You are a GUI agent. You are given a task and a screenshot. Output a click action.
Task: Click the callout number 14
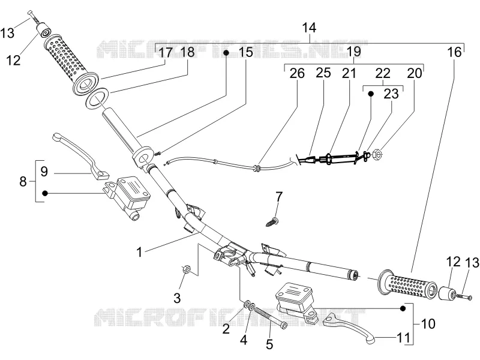(309, 28)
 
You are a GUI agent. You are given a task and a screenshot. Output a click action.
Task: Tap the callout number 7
(278, 197)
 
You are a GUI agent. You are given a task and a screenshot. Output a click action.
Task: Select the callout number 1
(139, 252)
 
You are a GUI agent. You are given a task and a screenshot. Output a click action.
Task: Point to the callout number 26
(297, 73)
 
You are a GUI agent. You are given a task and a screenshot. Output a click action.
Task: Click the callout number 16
(454, 52)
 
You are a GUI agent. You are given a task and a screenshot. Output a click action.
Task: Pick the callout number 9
(44, 171)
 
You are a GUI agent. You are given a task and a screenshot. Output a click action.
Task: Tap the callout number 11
(403, 338)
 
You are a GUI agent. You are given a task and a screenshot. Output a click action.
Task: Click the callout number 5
(269, 344)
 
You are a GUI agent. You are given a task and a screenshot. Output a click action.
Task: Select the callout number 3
(177, 298)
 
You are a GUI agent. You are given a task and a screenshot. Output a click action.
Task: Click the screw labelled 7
(272, 221)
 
